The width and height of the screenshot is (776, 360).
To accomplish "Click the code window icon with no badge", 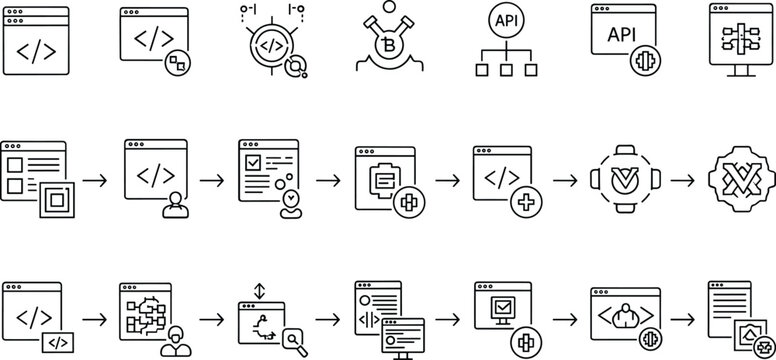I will [x=36, y=42].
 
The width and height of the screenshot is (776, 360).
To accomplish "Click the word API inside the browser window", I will [x=621, y=34].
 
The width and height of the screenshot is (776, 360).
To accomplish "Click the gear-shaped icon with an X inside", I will [x=740, y=180].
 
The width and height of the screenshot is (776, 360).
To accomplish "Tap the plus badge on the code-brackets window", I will [x=527, y=204].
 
